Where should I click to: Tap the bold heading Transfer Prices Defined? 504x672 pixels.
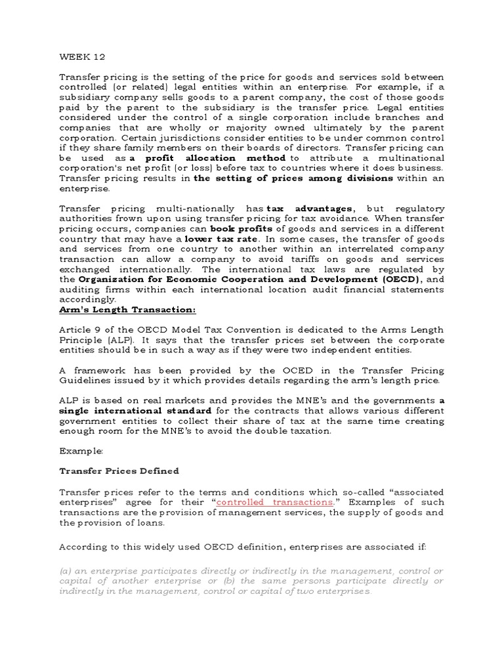tap(119, 471)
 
